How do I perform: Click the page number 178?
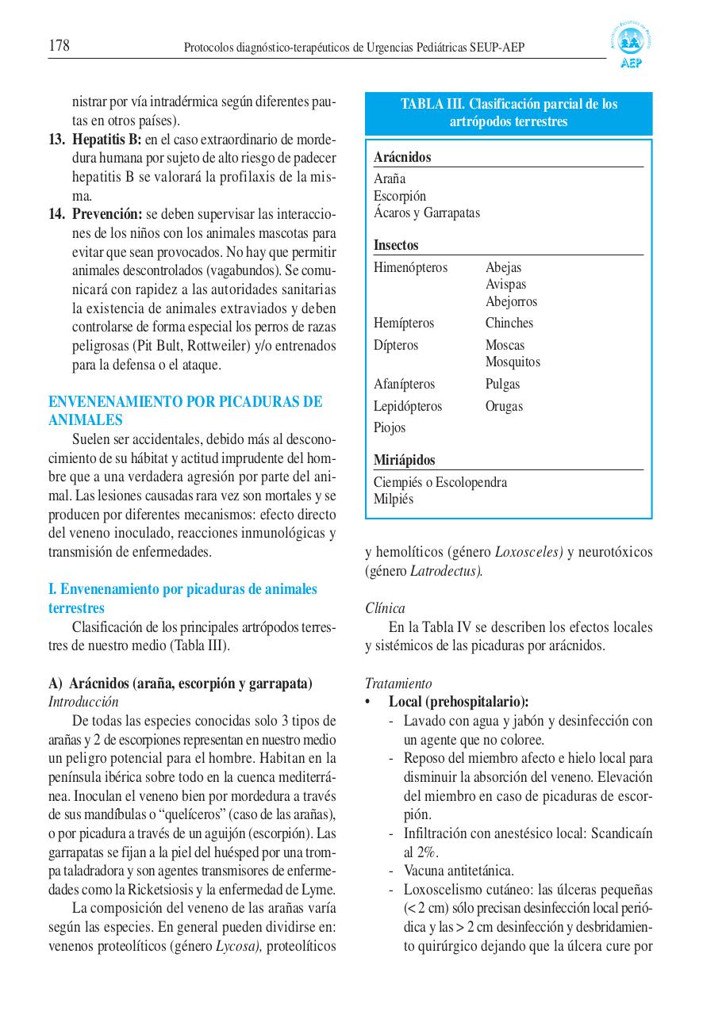[x=59, y=46]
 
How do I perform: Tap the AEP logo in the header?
[x=632, y=47]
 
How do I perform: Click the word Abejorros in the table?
[x=511, y=301]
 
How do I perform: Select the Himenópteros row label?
[x=410, y=267]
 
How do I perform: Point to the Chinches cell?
[x=509, y=323]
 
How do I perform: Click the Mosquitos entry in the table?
[x=513, y=362]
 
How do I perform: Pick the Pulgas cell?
[x=502, y=384]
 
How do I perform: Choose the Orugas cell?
[x=504, y=406]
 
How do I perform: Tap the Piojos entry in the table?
[x=390, y=427]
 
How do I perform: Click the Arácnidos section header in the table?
[x=402, y=157]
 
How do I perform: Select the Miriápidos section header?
[x=405, y=460]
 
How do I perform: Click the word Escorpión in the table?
[x=400, y=196]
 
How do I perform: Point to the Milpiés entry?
[x=394, y=500]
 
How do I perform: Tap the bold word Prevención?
[x=107, y=214]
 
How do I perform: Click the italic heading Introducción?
[x=83, y=702]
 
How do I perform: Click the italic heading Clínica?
[x=385, y=608]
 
